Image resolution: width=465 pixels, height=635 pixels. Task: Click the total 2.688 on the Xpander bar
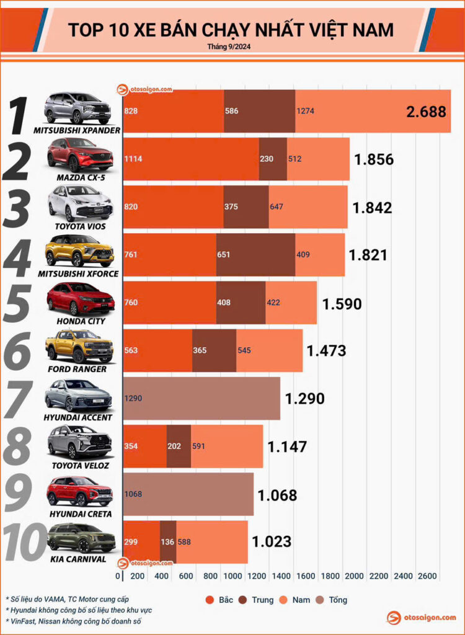(x=426, y=112)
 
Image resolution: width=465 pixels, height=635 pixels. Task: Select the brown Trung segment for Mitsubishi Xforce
(x=255, y=254)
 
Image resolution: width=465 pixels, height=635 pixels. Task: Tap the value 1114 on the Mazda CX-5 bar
(x=133, y=159)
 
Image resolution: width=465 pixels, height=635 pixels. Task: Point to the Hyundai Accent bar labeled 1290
(x=201, y=398)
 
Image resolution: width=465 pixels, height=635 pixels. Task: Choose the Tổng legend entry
(x=333, y=600)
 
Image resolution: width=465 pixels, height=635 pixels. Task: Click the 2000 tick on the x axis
(x=353, y=576)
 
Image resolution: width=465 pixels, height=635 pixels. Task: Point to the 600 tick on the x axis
(x=184, y=576)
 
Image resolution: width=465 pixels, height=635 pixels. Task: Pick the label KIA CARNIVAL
(x=79, y=559)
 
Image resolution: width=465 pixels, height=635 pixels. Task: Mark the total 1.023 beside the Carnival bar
(x=271, y=541)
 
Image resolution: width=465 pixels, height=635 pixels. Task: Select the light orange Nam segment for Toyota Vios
(x=308, y=206)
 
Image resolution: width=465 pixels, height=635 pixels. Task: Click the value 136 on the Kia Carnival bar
(x=168, y=541)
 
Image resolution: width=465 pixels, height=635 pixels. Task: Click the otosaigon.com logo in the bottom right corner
(x=421, y=618)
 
